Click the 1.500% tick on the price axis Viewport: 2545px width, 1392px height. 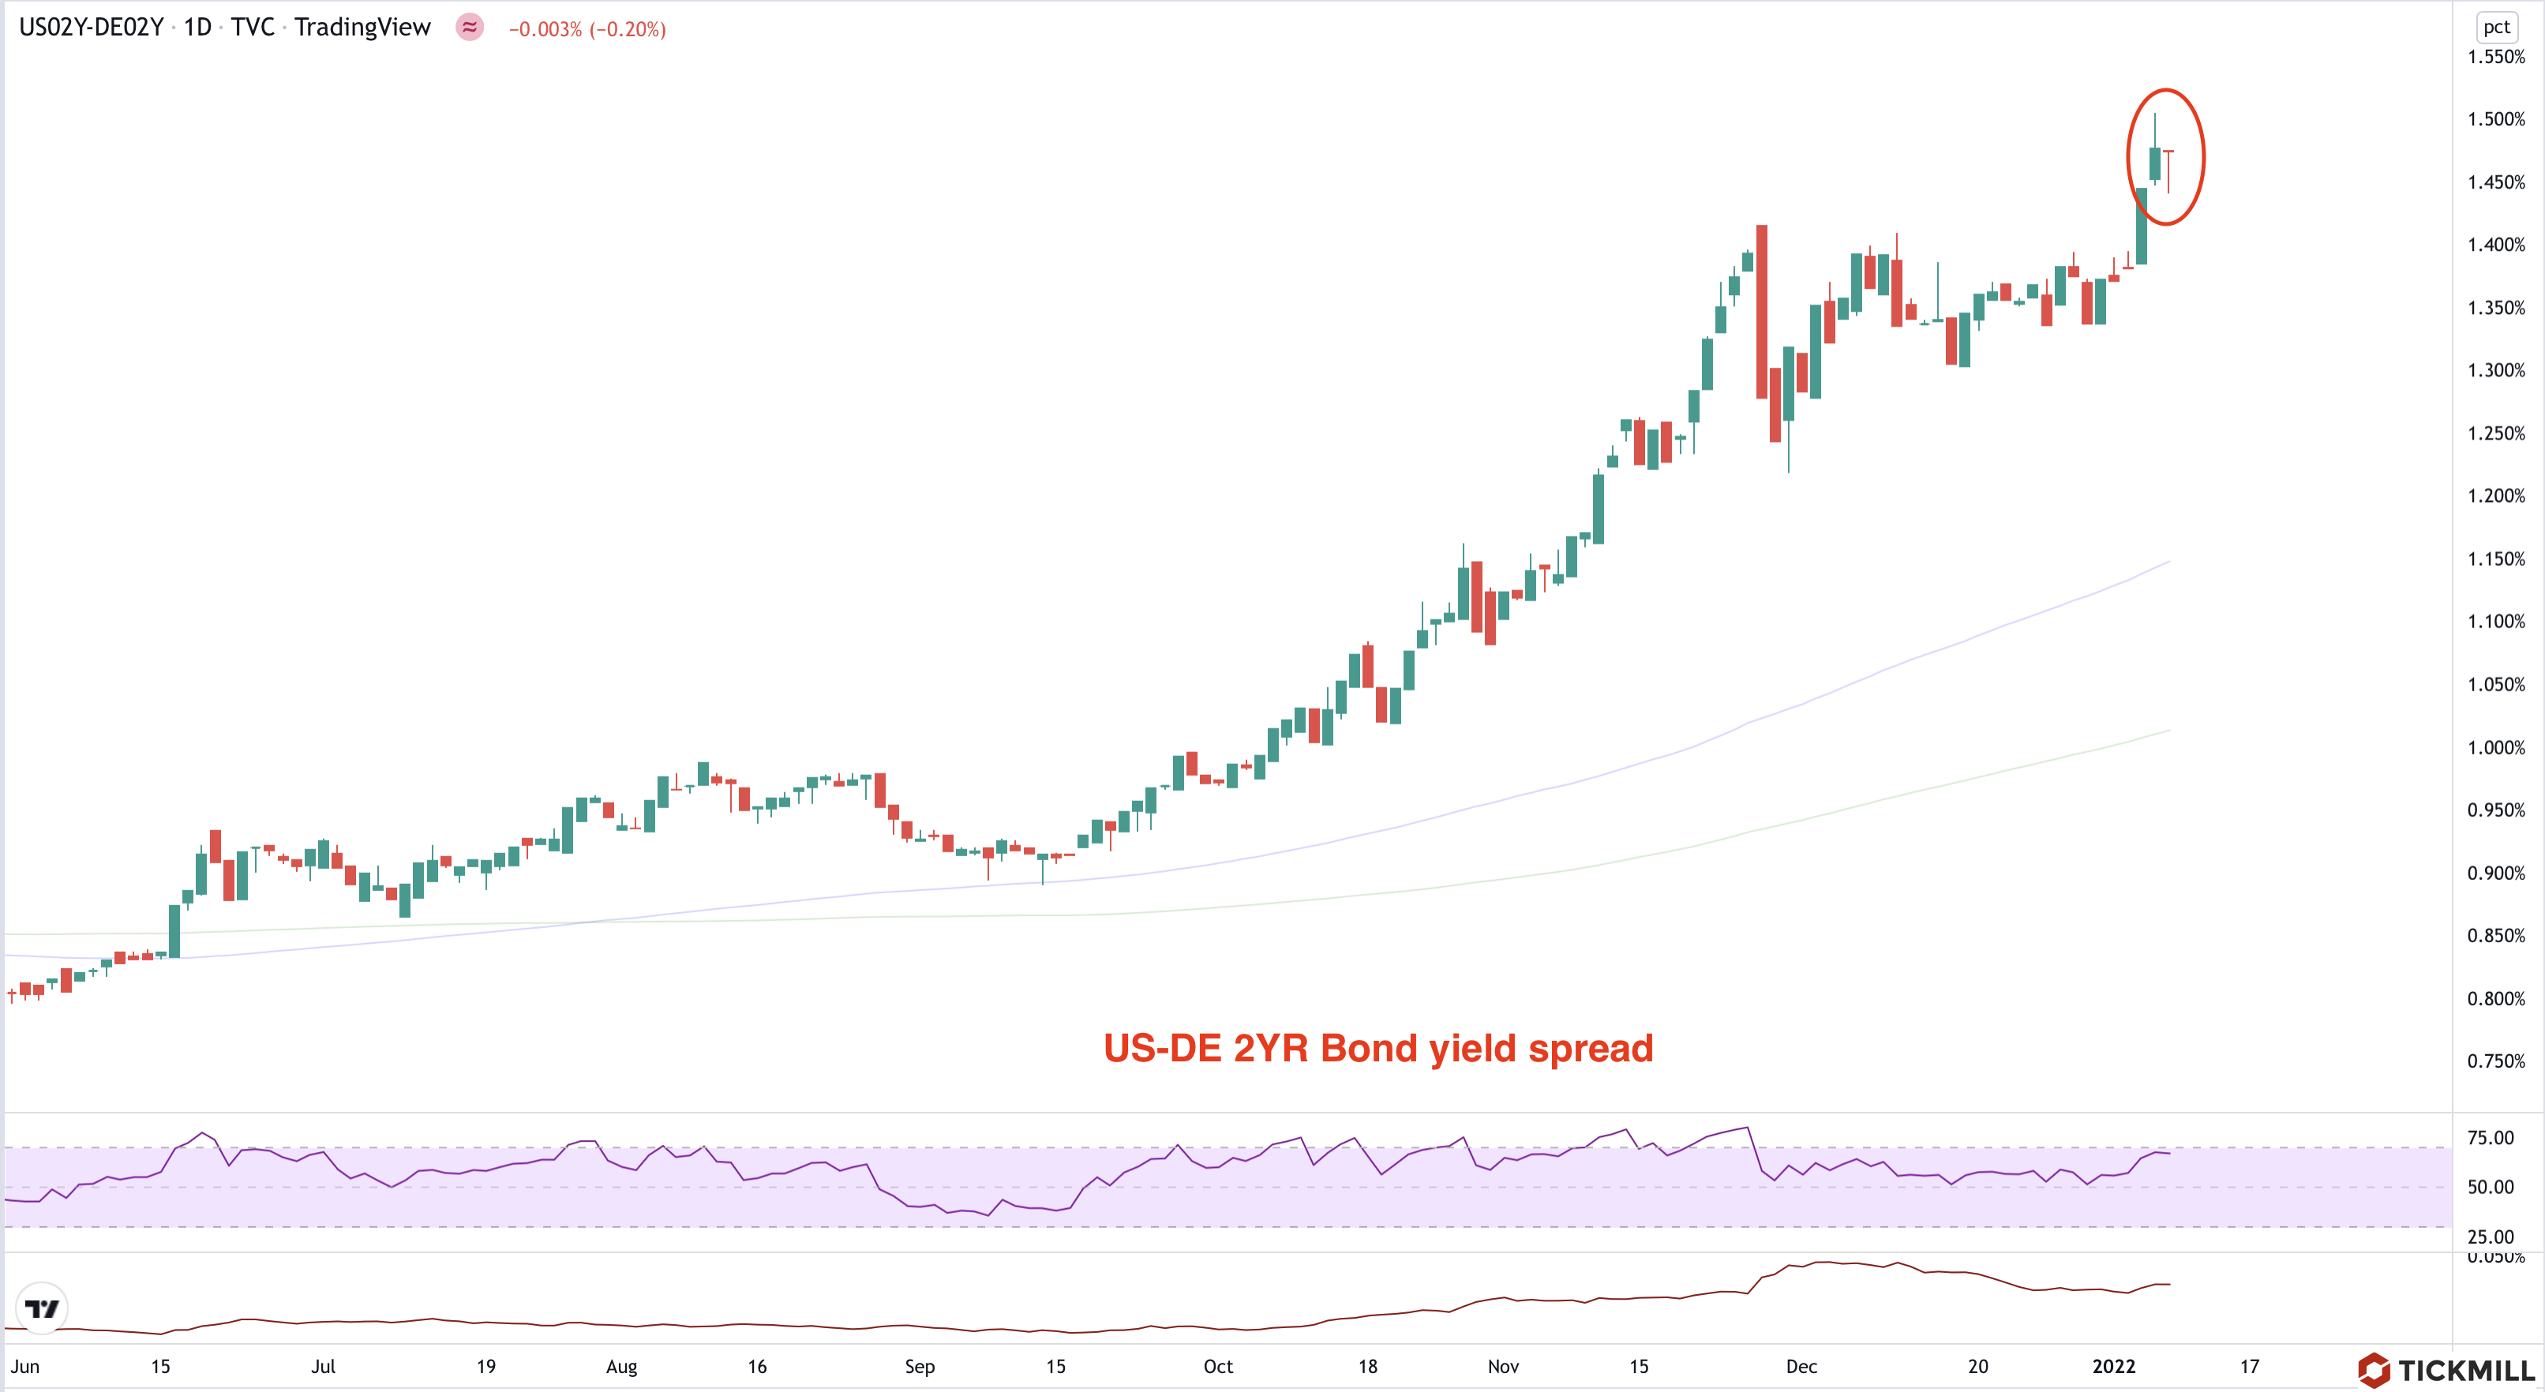click(2495, 119)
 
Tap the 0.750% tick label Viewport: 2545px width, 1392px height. click(2495, 1061)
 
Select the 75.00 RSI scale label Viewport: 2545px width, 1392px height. click(2490, 1138)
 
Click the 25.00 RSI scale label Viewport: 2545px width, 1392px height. click(2490, 1237)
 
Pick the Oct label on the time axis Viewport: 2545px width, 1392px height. click(1217, 1366)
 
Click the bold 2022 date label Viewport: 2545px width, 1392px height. click(2113, 1366)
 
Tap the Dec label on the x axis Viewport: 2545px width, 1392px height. click(1801, 1366)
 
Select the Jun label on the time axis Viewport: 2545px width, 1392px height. click(24, 1366)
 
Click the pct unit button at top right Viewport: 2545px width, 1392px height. click(2495, 27)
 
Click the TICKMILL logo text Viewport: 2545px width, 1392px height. click(2465, 1370)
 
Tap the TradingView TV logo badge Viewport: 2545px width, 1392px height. click(42, 1309)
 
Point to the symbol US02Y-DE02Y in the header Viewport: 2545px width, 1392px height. click(91, 27)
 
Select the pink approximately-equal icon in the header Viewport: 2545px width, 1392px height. click(469, 27)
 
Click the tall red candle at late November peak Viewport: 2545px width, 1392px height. click(1762, 311)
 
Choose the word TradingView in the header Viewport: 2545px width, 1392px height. click(362, 27)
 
